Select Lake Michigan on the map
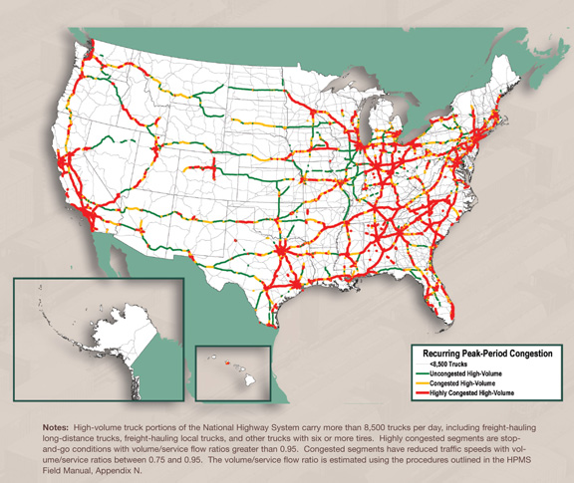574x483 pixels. (371, 129)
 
